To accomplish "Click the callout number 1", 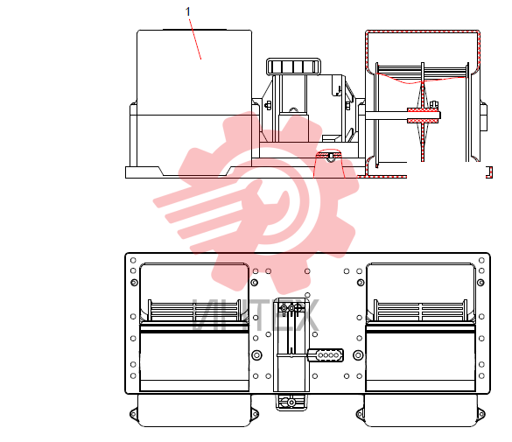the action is click(x=187, y=11).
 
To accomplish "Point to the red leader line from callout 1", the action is click(x=195, y=39).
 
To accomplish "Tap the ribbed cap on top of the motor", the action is click(x=293, y=67).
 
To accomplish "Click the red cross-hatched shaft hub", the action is click(x=423, y=116).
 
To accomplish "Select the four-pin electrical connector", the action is click(x=326, y=355).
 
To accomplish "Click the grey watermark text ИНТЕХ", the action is click(x=256, y=315).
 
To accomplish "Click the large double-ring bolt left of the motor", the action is click(x=257, y=354).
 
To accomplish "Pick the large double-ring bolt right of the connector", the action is click(x=358, y=354).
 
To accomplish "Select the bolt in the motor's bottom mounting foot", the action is click(x=291, y=403).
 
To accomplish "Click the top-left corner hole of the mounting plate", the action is click(x=133, y=260).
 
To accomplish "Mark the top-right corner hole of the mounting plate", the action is click(x=481, y=260).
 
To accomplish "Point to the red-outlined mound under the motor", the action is click(x=330, y=163).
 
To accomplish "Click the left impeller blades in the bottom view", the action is click(x=194, y=310).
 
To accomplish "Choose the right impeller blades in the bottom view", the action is click(x=421, y=310).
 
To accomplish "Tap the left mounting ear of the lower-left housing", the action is click(x=133, y=414).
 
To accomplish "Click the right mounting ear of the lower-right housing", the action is click(x=481, y=414).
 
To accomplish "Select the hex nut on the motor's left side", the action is click(x=268, y=105).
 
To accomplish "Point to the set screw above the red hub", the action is click(x=434, y=104).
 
